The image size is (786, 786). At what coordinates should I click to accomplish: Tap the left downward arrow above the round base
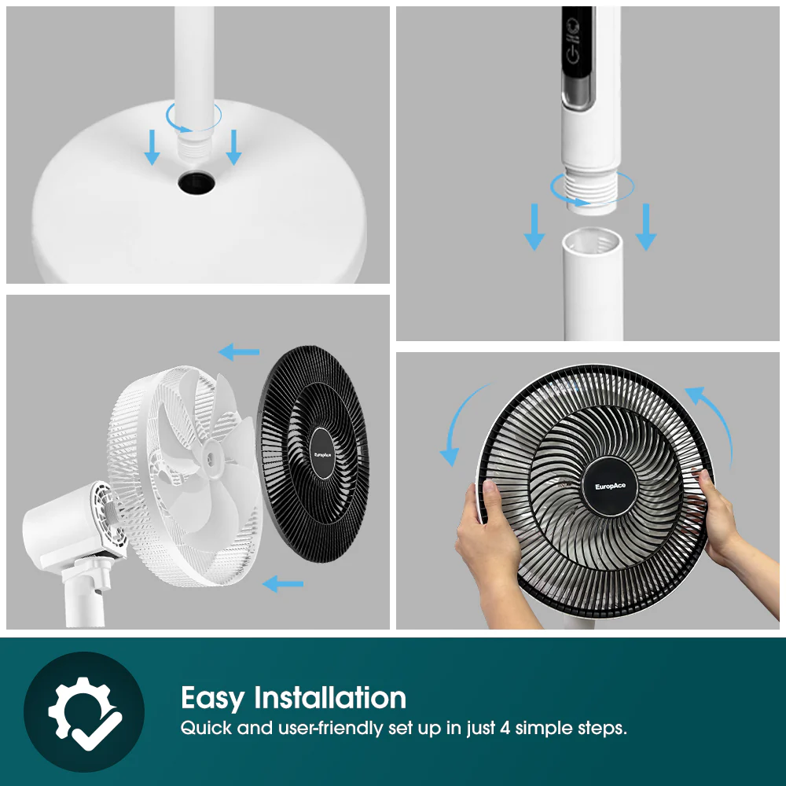tap(152, 149)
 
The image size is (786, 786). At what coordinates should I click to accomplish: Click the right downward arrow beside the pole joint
tap(646, 226)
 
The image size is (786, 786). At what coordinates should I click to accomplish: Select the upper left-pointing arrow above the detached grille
tap(239, 351)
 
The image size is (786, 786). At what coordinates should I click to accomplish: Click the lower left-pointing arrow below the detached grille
tap(282, 583)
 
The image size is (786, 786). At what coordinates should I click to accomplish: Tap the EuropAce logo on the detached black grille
tap(325, 454)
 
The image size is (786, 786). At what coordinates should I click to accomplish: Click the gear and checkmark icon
tap(84, 712)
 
